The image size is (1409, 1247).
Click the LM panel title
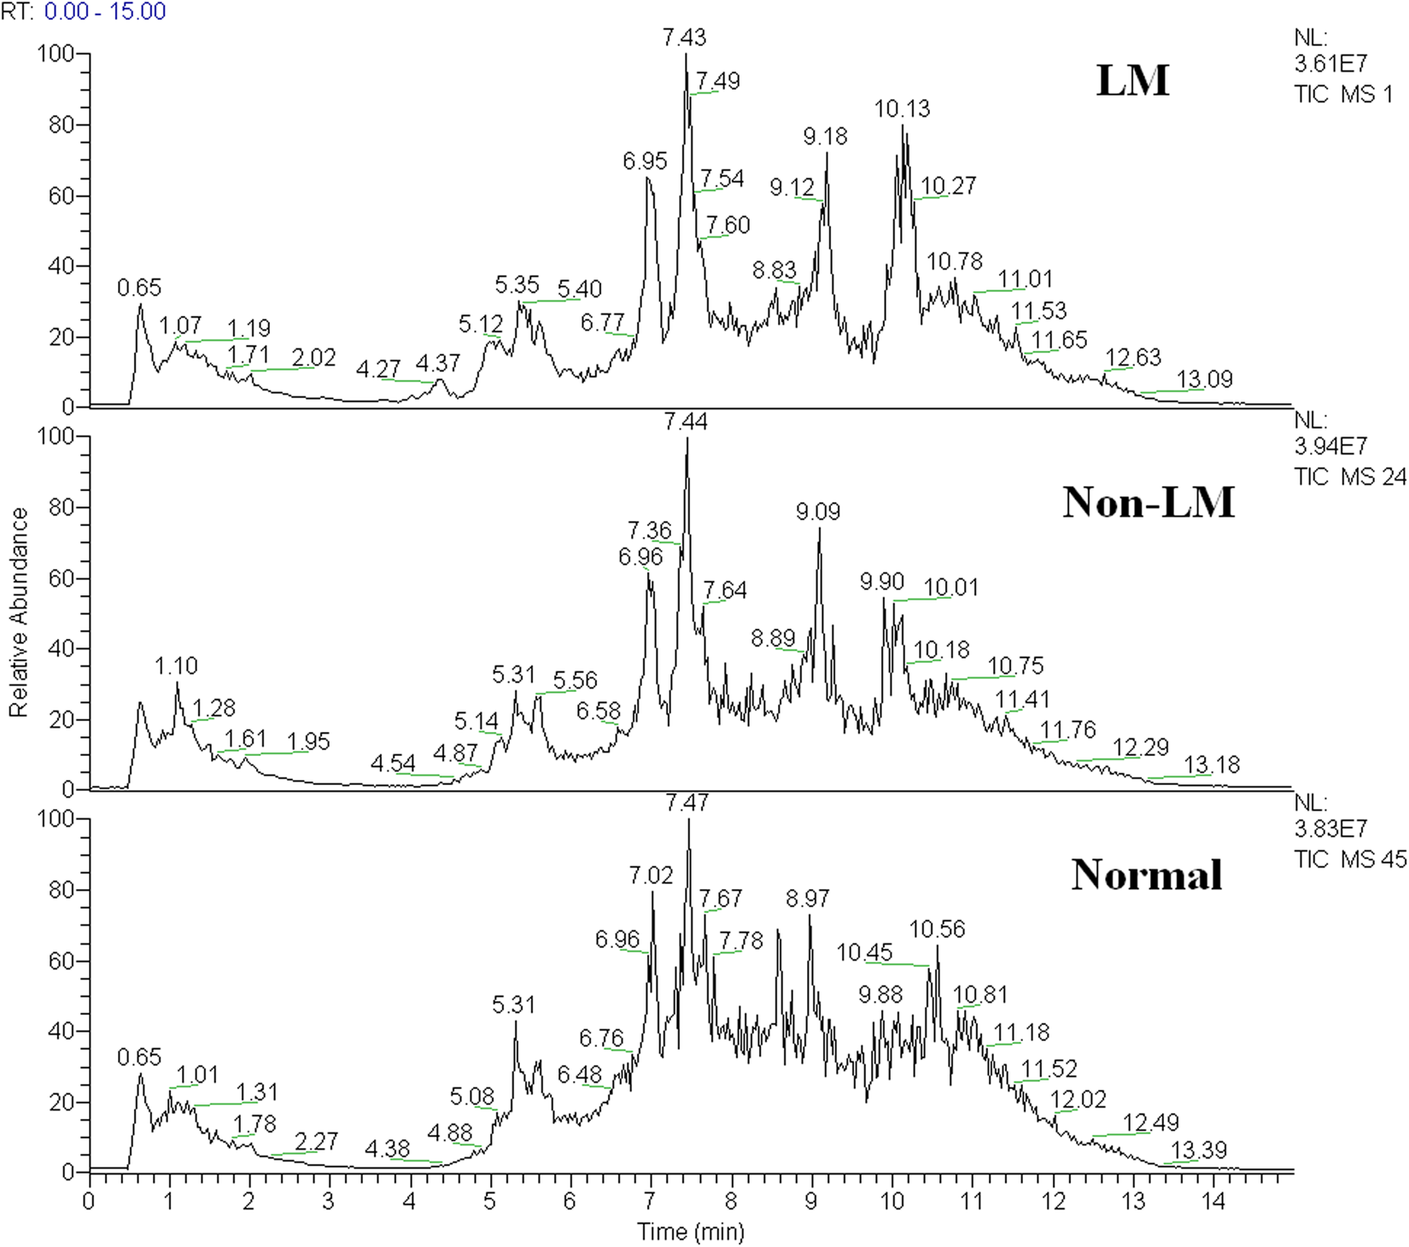click(1132, 81)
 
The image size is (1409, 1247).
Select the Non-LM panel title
click(1149, 502)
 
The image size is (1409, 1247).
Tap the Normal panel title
click(1147, 875)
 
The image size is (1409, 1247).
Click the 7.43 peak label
click(684, 38)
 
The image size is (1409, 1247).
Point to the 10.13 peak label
click(902, 109)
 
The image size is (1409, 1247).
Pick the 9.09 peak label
click(818, 512)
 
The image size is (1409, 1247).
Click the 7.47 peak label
click(687, 804)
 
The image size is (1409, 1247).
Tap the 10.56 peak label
click(937, 929)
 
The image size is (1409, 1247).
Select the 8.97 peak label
click(807, 899)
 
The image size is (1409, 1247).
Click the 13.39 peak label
click(1199, 1150)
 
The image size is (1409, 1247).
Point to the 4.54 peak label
click(393, 764)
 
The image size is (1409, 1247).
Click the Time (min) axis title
click(691, 1232)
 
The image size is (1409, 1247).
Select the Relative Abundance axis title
click(19, 612)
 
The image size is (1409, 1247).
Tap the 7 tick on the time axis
click(650, 1202)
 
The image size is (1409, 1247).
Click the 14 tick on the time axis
click(1213, 1202)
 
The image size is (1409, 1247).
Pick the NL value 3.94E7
click(1330, 447)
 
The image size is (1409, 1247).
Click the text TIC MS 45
click(1349, 859)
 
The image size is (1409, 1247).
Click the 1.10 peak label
click(177, 666)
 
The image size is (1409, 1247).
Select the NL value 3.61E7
click(1330, 64)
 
